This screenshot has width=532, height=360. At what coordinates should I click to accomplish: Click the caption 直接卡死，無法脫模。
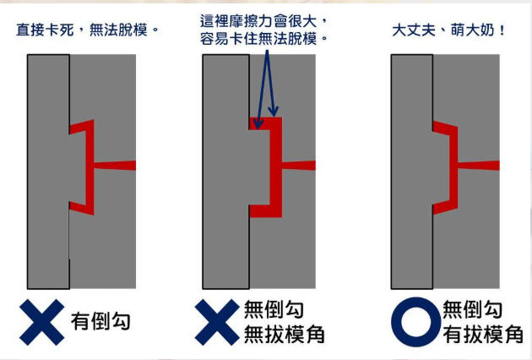click(88, 30)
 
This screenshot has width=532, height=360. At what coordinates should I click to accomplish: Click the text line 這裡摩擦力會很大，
click(263, 21)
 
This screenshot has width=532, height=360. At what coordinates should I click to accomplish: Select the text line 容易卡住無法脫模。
click(263, 38)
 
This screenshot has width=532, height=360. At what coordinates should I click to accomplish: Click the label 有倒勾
click(100, 321)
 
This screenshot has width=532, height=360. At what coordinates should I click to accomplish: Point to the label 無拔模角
click(285, 334)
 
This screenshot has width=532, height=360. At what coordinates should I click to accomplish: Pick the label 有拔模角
click(483, 334)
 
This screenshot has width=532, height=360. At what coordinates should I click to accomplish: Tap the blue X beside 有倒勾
click(41, 322)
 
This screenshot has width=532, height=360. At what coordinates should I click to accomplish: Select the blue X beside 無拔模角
click(217, 322)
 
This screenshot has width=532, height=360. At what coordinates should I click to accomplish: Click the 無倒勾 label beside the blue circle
click(472, 309)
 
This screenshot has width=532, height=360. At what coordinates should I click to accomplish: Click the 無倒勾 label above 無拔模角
click(274, 309)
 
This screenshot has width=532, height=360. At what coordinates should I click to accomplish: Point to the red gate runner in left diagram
click(115, 166)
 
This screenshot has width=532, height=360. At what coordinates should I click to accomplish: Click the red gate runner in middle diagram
click(299, 166)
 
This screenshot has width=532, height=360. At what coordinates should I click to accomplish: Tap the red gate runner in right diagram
click(479, 166)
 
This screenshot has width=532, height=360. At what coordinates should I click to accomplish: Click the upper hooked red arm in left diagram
click(81, 127)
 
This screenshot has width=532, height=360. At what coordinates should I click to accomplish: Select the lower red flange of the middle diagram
click(266, 211)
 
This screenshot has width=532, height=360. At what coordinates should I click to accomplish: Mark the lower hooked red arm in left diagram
click(81, 208)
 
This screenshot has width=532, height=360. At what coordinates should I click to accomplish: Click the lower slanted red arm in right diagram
click(445, 206)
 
